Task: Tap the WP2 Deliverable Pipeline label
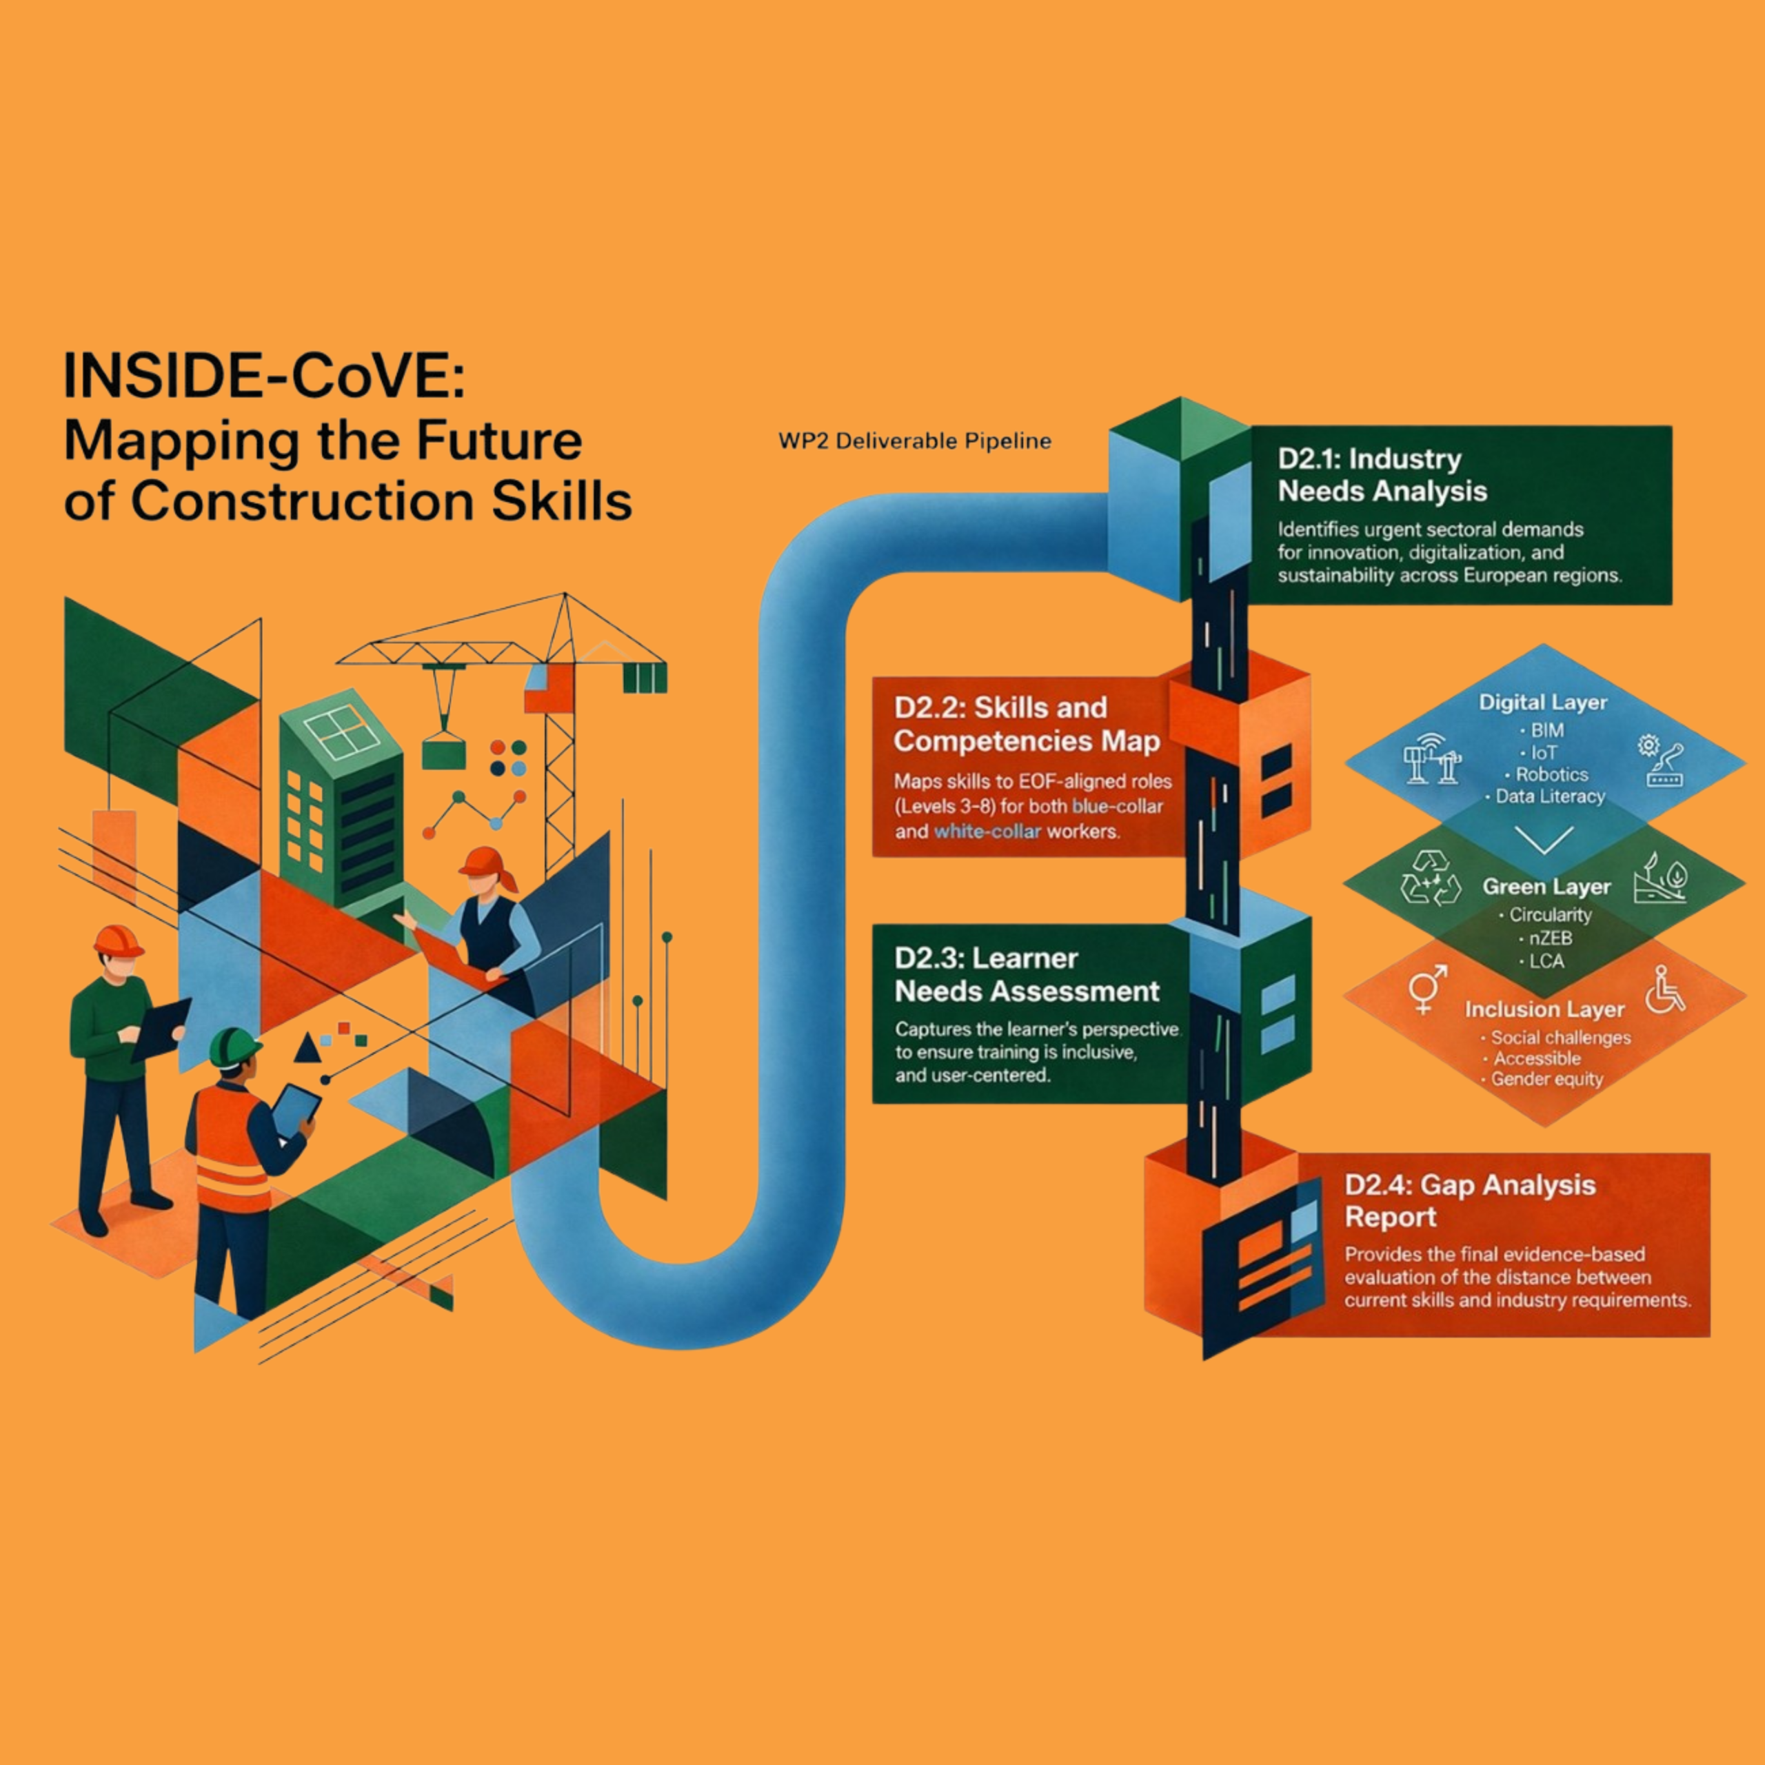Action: tap(914, 441)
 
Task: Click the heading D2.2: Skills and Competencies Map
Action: tap(1027, 723)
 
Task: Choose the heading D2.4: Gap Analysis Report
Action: tap(1469, 1200)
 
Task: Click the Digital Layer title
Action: tap(1543, 703)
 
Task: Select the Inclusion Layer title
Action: tap(1544, 1009)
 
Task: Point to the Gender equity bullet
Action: tap(1546, 1079)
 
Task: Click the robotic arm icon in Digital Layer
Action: tap(1664, 760)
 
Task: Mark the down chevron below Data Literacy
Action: tap(1544, 838)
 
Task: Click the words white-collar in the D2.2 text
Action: tap(987, 831)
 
